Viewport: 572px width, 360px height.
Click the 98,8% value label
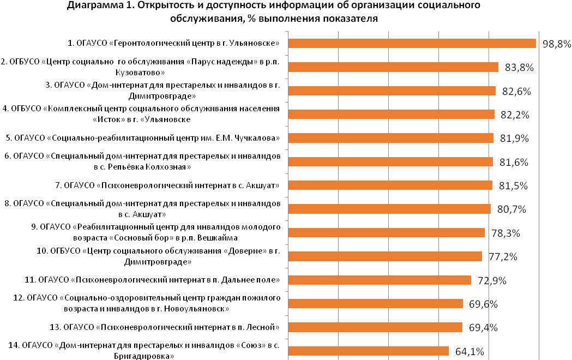click(x=557, y=44)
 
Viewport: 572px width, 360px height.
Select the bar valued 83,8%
click(x=393, y=67)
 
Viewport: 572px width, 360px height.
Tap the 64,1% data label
click(x=469, y=352)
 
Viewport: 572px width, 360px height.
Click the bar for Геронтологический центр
click(x=412, y=44)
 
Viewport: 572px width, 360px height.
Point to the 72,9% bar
click(x=380, y=280)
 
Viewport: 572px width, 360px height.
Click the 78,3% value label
click(x=505, y=233)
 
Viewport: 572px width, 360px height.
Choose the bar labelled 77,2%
click(x=385, y=256)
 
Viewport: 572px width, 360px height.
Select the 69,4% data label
click(x=483, y=327)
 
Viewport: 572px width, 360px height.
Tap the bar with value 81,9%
click(x=391, y=138)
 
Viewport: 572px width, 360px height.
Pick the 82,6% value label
click(x=516, y=91)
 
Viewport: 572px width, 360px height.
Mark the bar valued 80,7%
click(x=389, y=209)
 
